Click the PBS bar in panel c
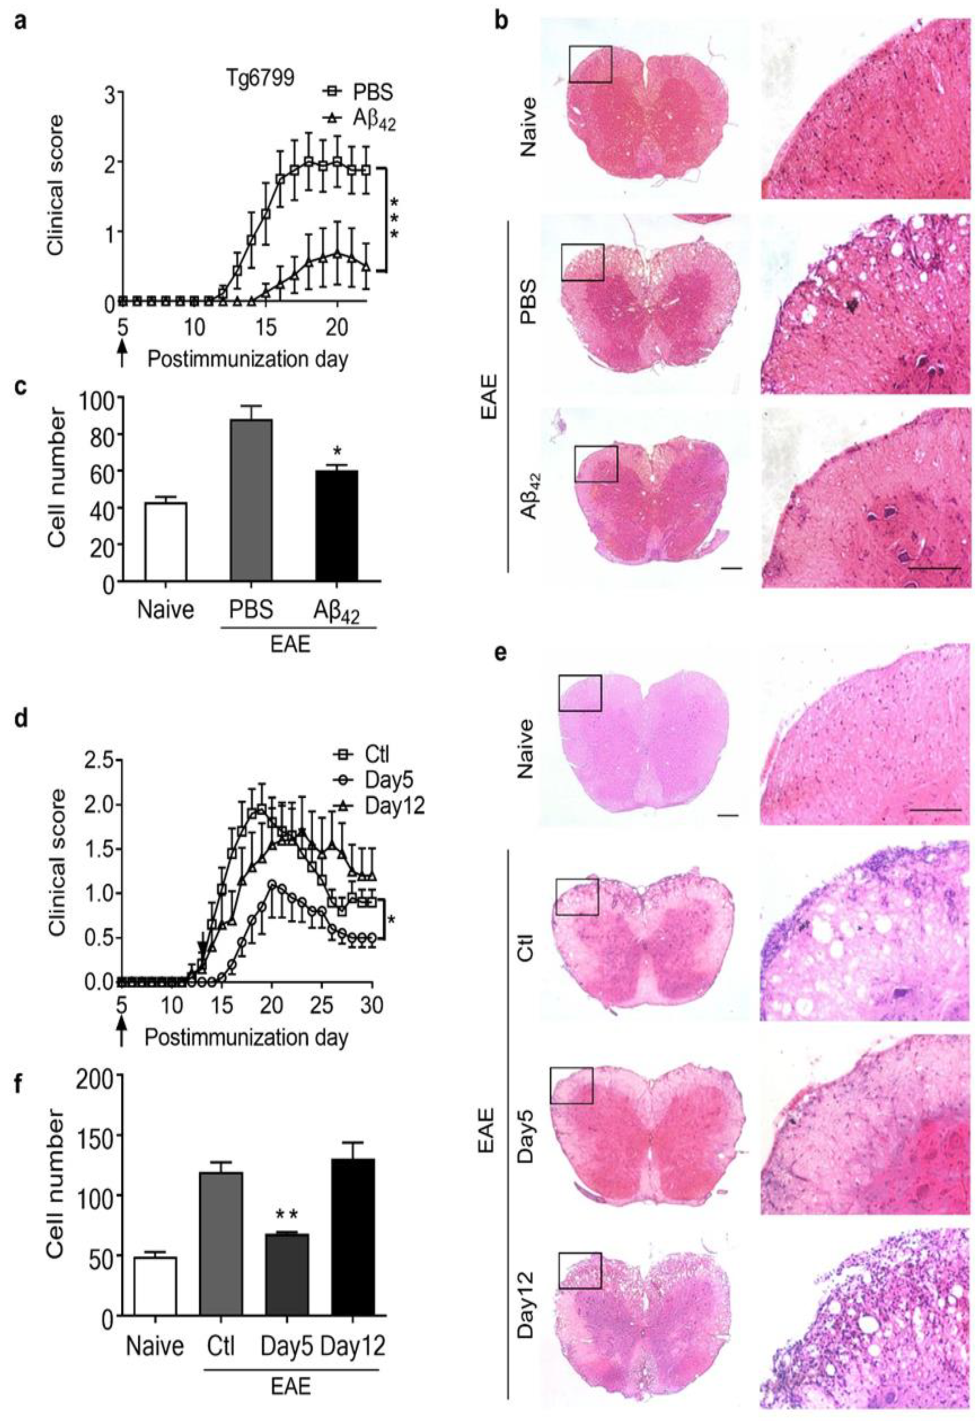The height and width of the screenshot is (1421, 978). pos(251,499)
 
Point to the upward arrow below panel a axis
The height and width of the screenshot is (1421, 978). pos(123,354)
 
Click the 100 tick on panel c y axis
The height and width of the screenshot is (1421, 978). pos(97,398)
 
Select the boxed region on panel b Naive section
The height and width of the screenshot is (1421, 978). pos(590,64)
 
